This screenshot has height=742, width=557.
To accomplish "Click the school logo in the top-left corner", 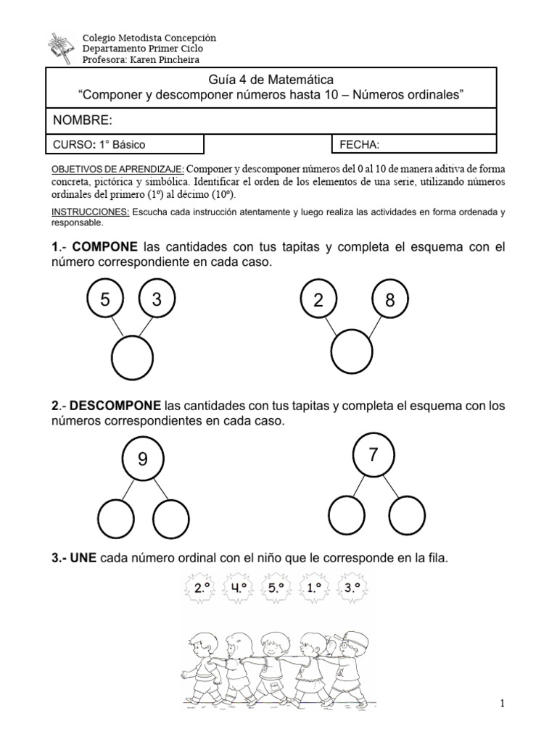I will coord(61,48).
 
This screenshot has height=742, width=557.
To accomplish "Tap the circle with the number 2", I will coord(318,301).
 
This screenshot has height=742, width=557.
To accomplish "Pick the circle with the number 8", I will coord(390,301).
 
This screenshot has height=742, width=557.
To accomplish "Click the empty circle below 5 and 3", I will coord(131,359).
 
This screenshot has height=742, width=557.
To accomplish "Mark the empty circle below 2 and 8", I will coord(352,354).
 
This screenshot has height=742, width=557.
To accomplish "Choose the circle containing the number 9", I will coord(142,458).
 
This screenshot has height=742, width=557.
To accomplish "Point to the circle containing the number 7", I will coord(373,454).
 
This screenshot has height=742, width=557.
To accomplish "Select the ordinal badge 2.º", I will coord(200,589).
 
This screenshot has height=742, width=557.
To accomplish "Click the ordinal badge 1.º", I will coord(315,589).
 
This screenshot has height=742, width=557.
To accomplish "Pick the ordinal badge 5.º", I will coord(277,589).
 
